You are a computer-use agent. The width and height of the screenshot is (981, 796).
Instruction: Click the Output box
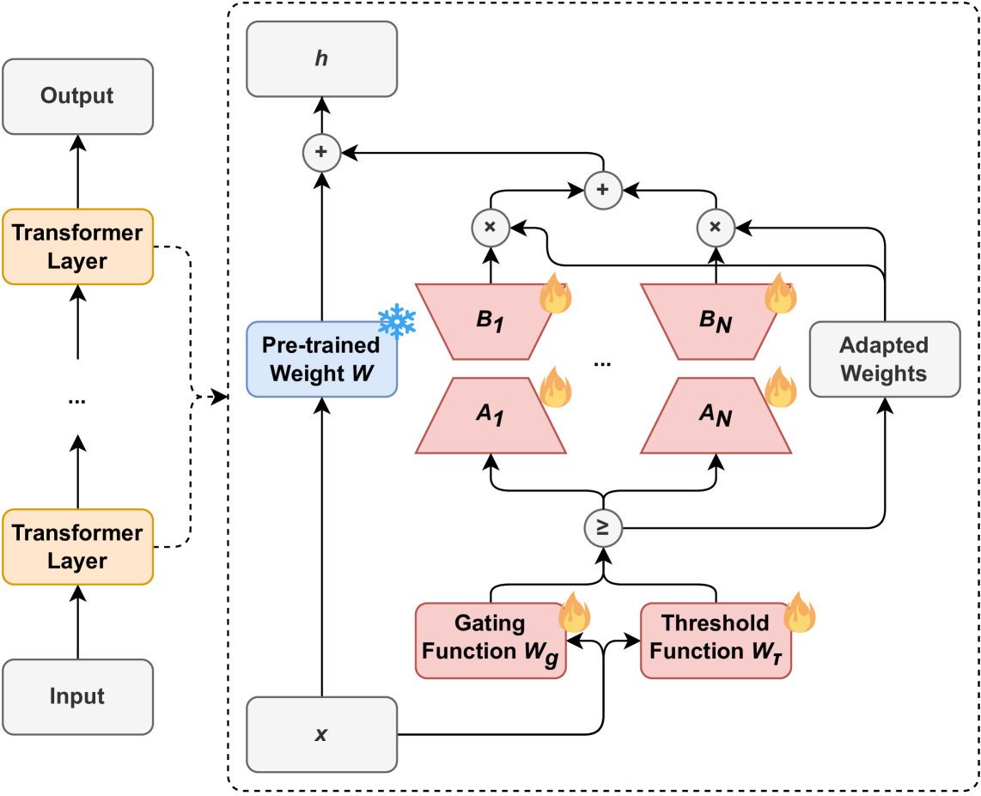pyautogui.click(x=77, y=96)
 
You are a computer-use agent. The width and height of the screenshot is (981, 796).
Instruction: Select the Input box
pyautogui.click(x=77, y=696)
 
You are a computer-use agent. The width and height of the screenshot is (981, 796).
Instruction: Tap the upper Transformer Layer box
pyautogui.click(x=77, y=246)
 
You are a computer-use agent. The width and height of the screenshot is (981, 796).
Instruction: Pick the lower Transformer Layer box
pyautogui.click(x=77, y=546)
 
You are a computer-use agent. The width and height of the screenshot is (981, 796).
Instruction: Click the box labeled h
pyautogui.click(x=321, y=58)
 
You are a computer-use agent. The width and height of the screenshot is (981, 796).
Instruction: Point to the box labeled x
pyautogui.click(x=321, y=734)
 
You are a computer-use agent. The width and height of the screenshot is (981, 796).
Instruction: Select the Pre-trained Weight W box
pyautogui.click(x=321, y=359)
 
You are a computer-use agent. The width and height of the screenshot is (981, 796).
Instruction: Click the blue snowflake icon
pyautogui.click(x=397, y=322)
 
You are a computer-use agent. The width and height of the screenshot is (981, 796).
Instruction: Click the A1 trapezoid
pyautogui.click(x=490, y=416)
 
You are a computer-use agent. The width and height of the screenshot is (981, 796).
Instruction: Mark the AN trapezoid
pyautogui.click(x=716, y=416)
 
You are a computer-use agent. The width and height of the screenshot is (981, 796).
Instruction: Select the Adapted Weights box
pyautogui.click(x=885, y=359)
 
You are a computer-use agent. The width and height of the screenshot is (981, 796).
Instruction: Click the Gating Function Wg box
pyautogui.click(x=490, y=641)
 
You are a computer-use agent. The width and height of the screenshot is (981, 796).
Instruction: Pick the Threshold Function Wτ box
pyautogui.click(x=716, y=641)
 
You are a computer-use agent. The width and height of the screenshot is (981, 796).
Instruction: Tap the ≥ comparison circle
pyautogui.click(x=603, y=528)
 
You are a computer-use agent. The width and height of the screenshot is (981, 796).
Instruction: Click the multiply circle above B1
pyautogui.click(x=490, y=227)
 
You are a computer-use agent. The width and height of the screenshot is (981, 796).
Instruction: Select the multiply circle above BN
pyautogui.click(x=716, y=227)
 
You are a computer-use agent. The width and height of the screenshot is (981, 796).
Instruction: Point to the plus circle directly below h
pyautogui.click(x=321, y=152)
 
